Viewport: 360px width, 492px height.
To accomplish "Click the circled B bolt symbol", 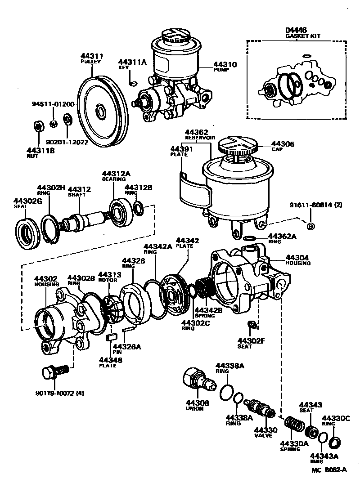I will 310,226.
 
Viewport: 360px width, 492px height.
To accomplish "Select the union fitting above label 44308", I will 198,378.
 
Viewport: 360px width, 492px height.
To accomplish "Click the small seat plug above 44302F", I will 252,325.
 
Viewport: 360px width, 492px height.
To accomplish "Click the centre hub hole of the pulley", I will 100,111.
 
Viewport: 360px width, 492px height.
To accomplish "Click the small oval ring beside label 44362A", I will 251,237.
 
